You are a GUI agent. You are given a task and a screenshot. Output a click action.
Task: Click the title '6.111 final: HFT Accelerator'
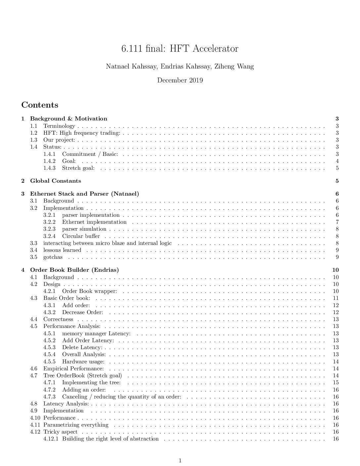click(180, 49)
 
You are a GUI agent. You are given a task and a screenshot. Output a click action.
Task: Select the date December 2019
click(180, 80)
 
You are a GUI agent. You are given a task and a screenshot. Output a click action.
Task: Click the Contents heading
click(40, 105)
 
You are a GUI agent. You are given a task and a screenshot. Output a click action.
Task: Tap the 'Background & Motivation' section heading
click(68, 119)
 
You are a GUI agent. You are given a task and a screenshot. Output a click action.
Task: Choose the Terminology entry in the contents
click(59, 126)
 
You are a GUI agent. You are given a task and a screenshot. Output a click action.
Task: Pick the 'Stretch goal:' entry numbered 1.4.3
click(78, 168)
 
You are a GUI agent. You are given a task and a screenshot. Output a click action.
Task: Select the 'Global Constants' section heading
click(56, 181)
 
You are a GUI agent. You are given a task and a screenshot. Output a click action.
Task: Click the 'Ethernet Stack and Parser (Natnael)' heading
click(84, 194)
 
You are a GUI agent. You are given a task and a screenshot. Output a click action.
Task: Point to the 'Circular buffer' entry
click(81, 236)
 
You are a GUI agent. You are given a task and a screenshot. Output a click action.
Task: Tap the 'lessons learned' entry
click(62, 250)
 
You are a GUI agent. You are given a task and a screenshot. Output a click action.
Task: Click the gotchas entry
click(53, 257)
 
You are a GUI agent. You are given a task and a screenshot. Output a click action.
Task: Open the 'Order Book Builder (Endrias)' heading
click(74, 270)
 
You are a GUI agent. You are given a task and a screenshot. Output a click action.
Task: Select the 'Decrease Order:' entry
click(83, 312)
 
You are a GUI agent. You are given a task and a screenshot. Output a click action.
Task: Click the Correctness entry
click(58, 319)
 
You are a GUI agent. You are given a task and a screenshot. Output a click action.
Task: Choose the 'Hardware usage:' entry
click(83, 362)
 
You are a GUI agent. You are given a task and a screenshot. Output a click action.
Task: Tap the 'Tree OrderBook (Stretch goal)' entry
click(83, 376)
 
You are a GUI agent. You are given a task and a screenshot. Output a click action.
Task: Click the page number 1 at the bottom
click(180, 460)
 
